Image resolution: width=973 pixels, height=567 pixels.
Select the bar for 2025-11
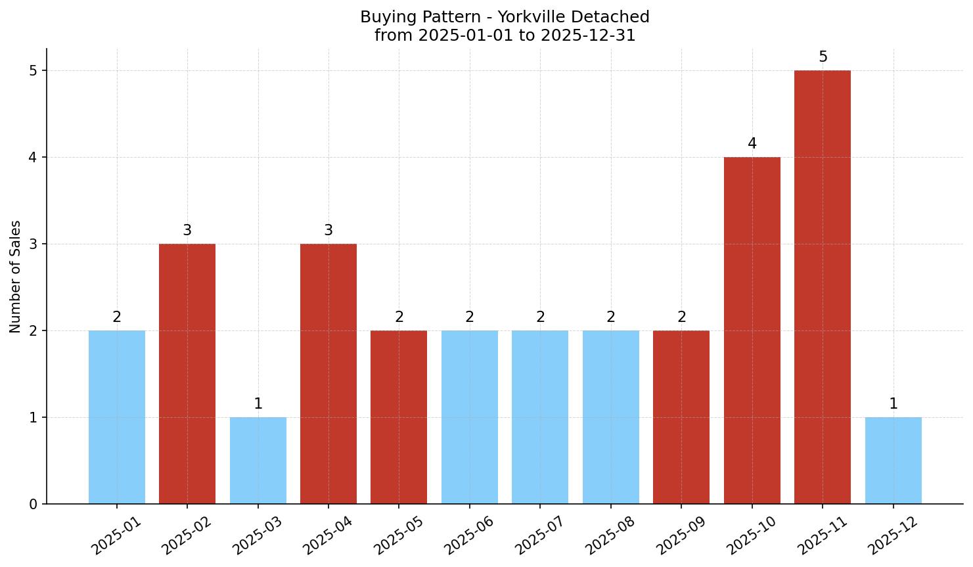[823, 287]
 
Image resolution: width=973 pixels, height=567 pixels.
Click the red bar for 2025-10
[752, 330]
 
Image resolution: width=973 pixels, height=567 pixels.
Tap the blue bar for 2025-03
[258, 461]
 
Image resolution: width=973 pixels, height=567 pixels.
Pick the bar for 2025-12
[893, 461]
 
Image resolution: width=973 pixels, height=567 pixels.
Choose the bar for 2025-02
[187, 374]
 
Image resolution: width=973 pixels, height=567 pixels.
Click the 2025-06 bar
[470, 417]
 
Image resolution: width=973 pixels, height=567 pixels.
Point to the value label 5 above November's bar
[823, 57]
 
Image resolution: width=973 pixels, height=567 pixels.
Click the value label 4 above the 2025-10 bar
[752, 144]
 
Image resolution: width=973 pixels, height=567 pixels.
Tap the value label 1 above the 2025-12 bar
[893, 404]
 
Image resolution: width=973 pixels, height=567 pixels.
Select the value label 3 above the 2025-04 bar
[328, 231]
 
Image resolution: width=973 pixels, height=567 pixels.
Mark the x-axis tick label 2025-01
[116, 535]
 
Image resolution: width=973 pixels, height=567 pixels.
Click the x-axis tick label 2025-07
[539, 535]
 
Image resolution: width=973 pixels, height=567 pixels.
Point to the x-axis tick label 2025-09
[681, 535]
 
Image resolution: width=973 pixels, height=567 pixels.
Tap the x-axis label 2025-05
[398, 535]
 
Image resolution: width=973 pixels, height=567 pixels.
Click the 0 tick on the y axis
[33, 505]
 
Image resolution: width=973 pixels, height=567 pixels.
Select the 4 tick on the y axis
[33, 158]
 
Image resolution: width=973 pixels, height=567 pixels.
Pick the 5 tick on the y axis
[33, 71]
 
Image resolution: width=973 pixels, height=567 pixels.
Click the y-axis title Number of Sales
[16, 277]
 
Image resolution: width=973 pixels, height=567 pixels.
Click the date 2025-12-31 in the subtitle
[588, 35]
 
